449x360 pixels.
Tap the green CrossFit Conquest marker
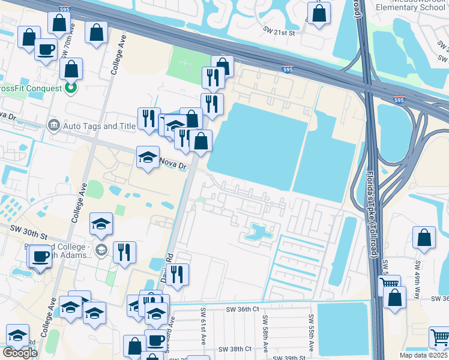71,89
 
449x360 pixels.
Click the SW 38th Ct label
234,349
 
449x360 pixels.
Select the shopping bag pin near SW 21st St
319,13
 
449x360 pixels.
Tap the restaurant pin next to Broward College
124,251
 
